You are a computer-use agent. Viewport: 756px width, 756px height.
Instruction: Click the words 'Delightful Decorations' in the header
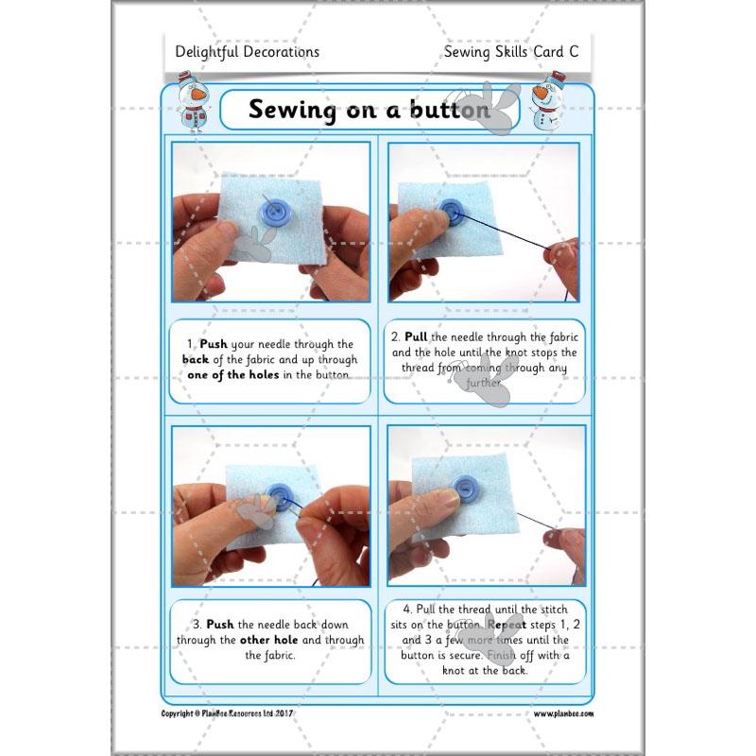coord(248,52)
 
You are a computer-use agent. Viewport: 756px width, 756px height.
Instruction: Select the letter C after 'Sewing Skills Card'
coord(574,52)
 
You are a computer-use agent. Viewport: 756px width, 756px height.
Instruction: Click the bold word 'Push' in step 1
coord(215,345)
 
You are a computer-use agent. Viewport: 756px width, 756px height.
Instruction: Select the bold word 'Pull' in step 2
coord(417,336)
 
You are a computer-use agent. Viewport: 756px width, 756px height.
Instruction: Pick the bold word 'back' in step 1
coord(197,360)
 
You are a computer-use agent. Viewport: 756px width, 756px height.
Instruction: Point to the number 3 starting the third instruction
coord(195,625)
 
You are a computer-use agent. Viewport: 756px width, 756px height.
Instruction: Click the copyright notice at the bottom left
coord(231,713)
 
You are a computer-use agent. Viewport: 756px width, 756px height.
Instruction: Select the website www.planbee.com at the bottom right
coord(563,714)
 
